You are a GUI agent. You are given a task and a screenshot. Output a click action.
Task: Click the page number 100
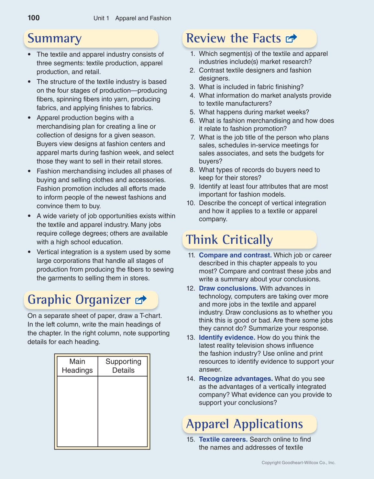[34, 18]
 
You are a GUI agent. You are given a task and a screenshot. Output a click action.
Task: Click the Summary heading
[54, 38]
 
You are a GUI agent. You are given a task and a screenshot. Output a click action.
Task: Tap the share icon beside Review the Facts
[291, 39]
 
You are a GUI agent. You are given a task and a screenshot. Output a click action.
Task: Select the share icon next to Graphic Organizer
[141, 300]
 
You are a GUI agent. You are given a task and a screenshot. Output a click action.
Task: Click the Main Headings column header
[77, 366]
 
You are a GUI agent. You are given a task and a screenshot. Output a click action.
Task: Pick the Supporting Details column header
[123, 366]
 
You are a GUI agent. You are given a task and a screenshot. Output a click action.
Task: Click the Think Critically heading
[229, 240]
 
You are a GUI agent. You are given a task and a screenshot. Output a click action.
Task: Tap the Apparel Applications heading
[245, 424]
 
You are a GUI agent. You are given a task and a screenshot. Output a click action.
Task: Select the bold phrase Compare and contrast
[235, 255]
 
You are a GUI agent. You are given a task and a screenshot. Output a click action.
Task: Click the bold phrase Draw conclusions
[228, 288]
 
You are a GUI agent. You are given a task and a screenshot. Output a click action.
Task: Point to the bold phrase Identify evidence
[227, 337]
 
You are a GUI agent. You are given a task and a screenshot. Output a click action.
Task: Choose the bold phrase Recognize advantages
[236, 379]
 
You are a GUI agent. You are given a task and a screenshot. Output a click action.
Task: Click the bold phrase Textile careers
[223, 439]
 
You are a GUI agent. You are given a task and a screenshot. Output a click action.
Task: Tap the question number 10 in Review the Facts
[191, 203]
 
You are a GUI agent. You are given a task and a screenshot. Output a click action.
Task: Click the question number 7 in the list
[193, 137]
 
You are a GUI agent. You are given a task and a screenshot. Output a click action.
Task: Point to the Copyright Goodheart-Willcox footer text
[298, 462]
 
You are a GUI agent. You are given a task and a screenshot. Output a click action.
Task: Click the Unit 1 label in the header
[101, 18]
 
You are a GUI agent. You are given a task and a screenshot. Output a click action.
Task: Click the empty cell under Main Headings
[77, 411]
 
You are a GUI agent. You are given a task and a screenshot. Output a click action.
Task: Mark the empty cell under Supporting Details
[123, 411]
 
